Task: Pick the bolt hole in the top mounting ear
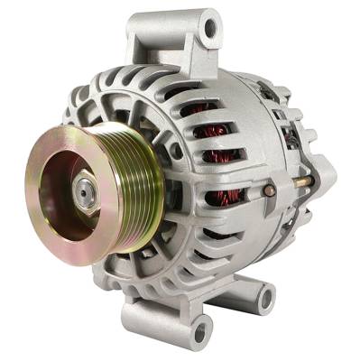(209, 30)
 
